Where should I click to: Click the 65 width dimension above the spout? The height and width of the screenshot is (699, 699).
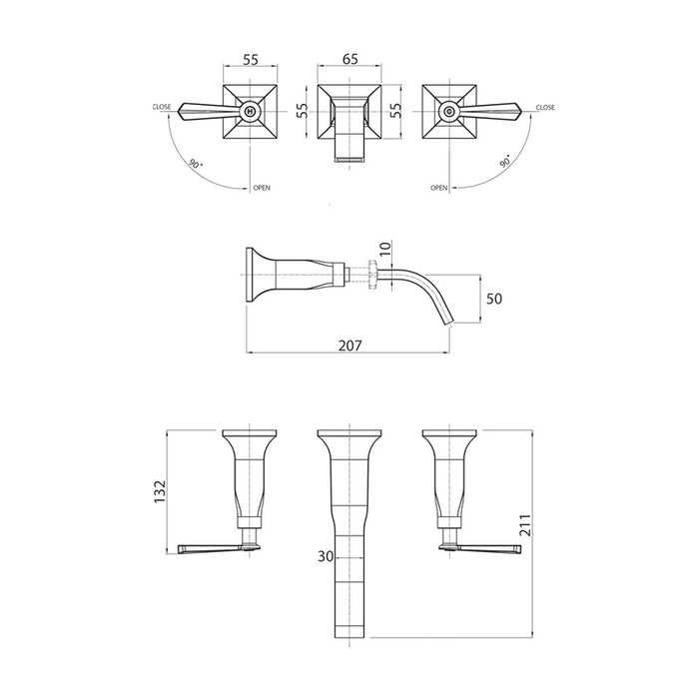click(x=350, y=59)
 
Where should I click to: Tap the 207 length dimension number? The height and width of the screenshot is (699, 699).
click(x=349, y=346)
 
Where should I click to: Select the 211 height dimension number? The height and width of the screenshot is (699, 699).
click(x=526, y=524)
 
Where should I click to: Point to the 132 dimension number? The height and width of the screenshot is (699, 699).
click(x=160, y=492)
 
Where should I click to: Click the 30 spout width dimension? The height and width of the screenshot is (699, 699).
click(x=326, y=556)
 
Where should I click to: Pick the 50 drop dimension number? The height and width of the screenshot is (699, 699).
click(x=494, y=299)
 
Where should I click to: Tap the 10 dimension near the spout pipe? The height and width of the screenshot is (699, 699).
click(x=385, y=247)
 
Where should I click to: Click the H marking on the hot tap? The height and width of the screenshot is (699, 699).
click(x=250, y=111)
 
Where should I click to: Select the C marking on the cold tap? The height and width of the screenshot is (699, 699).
click(x=448, y=111)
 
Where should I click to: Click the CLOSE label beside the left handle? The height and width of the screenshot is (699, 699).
click(x=162, y=107)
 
